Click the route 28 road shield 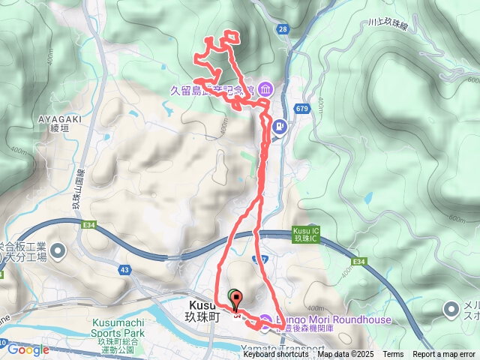pyautogui.click(x=282, y=29)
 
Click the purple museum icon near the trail pyautogui.click(x=266, y=90)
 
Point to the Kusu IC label pyautogui.click(x=305, y=234)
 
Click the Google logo pyautogui.click(x=28, y=349)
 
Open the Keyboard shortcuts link pyautogui.click(x=275, y=355)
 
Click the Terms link pyautogui.click(x=393, y=355)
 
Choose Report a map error pyautogui.click(x=444, y=355)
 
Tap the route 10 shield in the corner pyautogui.click(x=3, y=344)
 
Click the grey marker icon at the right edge pyautogui.click(x=451, y=308)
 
